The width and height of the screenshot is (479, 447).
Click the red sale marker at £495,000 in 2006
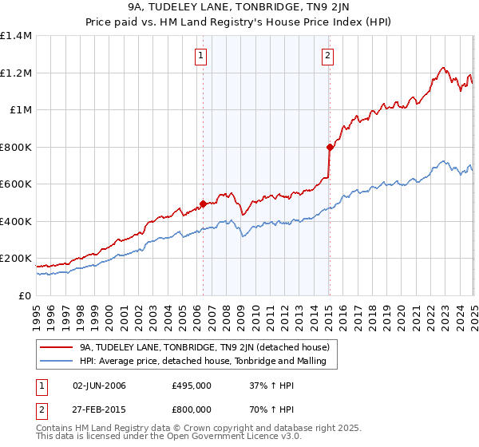pyautogui.click(x=203, y=204)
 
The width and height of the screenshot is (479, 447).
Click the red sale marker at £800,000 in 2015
pyautogui.click(x=330, y=147)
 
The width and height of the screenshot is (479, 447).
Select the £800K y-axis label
pyautogui.click(x=16, y=147)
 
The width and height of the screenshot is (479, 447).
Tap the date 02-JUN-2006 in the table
pyautogui.click(x=99, y=386)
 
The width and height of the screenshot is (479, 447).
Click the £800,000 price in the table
pyautogui.click(x=192, y=408)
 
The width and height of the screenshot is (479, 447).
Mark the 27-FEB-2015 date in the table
pyautogui.click(x=99, y=408)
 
